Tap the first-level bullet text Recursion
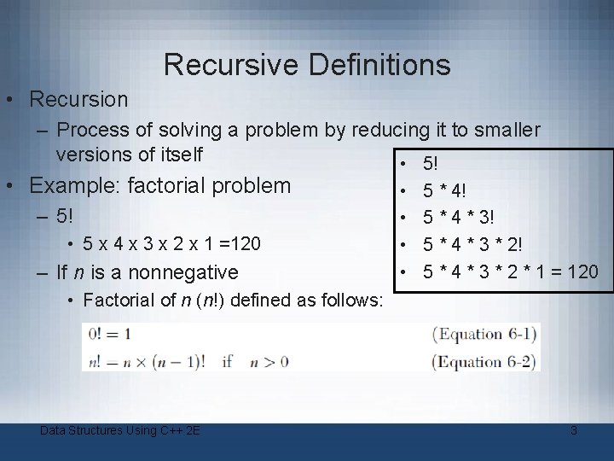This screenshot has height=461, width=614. point(78,99)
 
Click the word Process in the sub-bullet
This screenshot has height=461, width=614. point(90,130)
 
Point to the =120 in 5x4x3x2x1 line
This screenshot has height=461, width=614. point(240,244)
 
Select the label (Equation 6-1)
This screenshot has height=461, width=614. point(484,333)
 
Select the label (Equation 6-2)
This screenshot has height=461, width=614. point(484,361)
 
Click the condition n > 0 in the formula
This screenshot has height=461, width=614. point(269,361)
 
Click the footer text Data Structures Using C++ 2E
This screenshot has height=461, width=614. point(120,430)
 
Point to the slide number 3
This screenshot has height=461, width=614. point(574,430)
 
